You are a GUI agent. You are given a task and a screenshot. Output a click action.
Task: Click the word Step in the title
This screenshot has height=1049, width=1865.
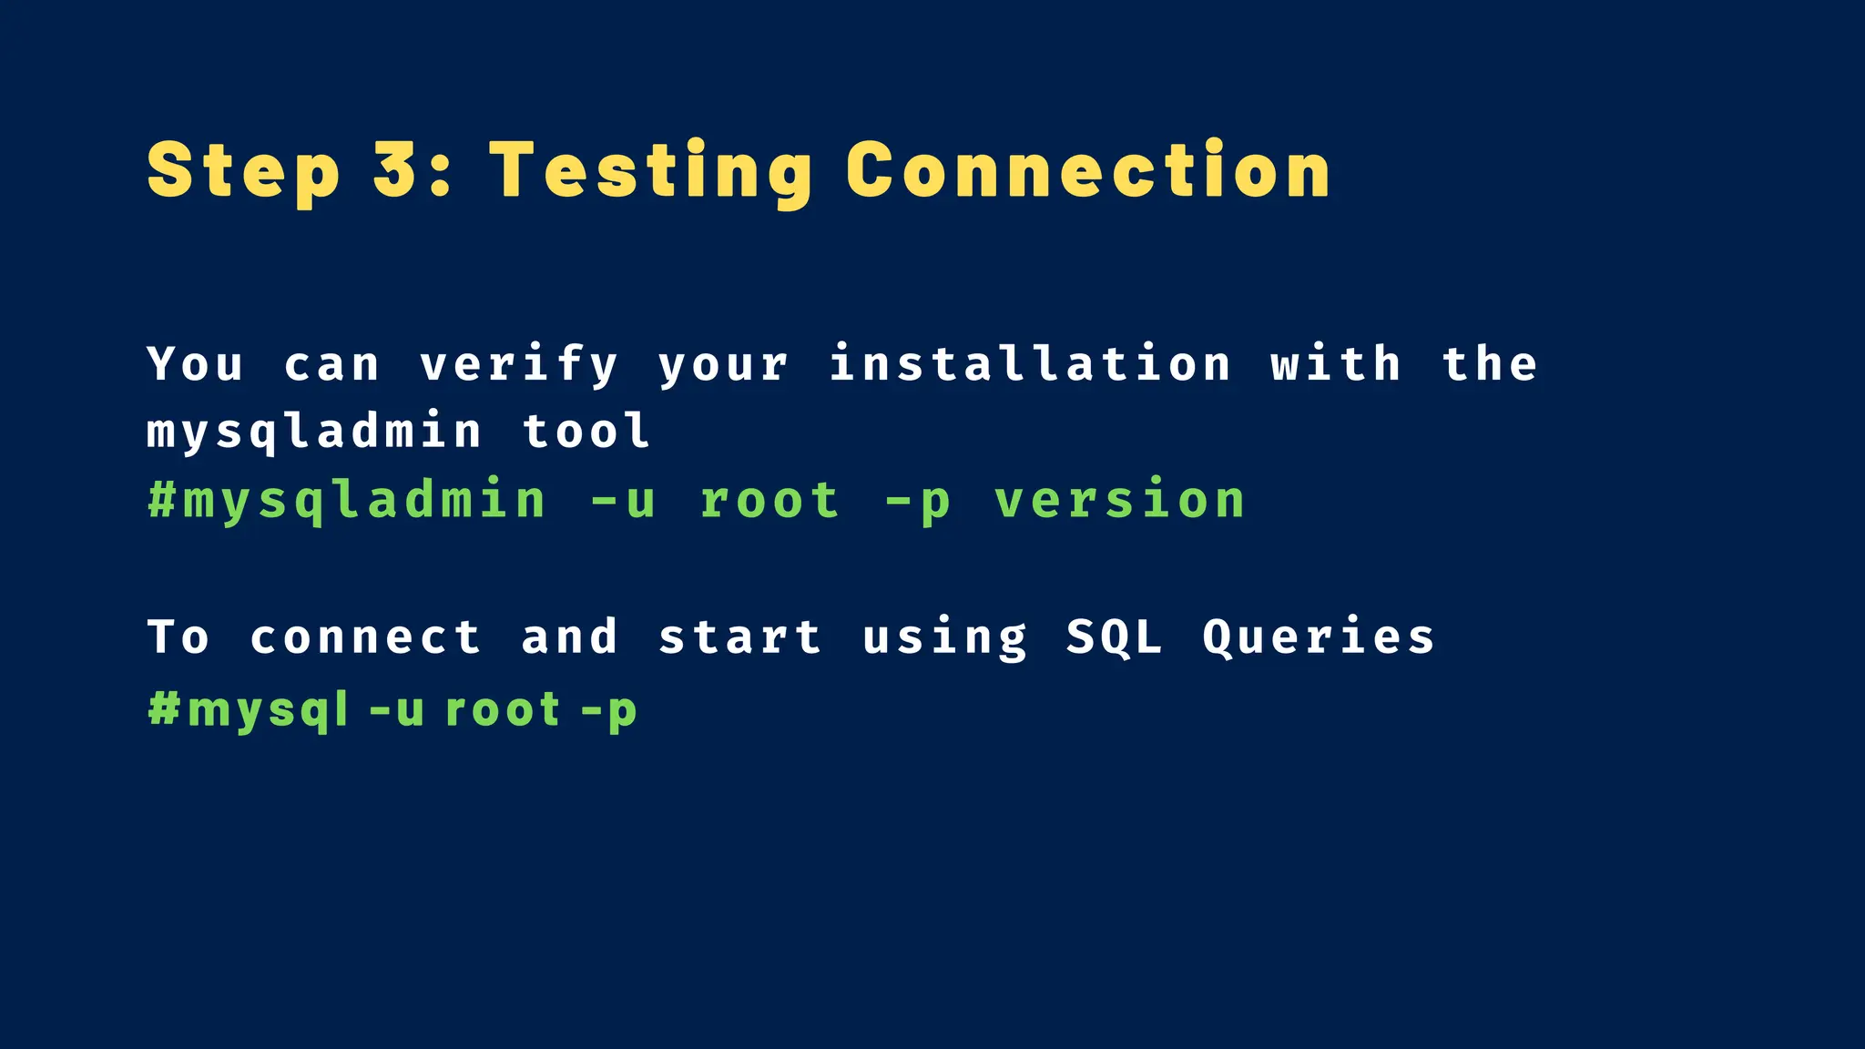click(x=243, y=171)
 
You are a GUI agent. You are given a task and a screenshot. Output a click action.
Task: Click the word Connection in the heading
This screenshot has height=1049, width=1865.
click(x=1088, y=170)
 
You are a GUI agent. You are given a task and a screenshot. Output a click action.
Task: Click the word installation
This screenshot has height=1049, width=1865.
click(x=1030, y=364)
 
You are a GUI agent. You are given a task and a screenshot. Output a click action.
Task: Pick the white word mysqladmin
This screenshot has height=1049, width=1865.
click(x=314, y=432)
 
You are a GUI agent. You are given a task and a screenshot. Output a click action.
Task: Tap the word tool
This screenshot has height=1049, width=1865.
click(x=586, y=432)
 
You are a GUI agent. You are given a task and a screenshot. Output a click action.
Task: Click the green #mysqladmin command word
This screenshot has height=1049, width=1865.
click(x=347, y=501)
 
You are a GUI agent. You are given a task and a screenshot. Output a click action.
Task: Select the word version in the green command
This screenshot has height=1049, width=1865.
click(x=1119, y=501)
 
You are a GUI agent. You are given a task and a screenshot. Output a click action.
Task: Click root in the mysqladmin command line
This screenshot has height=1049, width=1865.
click(x=770, y=501)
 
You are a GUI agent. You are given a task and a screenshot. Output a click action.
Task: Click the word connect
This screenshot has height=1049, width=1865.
click(x=365, y=637)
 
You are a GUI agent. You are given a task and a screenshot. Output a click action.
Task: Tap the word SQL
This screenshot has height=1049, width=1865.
click(x=1115, y=637)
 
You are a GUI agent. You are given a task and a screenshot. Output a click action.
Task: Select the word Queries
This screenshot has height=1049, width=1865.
click(x=1319, y=637)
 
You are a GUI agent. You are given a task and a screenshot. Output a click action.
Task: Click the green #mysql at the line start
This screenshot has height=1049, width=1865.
click(x=249, y=710)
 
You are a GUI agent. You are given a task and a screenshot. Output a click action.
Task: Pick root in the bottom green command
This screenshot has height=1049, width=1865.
click(x=503, y=710)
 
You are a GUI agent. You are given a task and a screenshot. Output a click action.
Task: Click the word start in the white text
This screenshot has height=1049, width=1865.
click(x=740, y=637)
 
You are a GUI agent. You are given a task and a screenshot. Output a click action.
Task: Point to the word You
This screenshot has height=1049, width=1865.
click(x=196, y=364)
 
